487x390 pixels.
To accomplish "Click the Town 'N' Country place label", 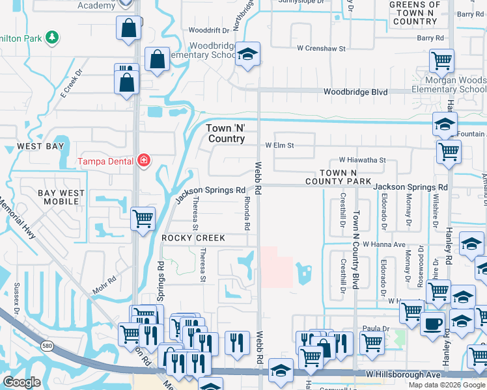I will (x=226, y=133).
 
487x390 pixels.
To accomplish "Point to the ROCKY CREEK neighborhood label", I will (x=193, y=239).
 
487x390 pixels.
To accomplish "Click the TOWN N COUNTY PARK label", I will (x=336, y=176).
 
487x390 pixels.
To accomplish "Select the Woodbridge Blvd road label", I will (x=355, y=92).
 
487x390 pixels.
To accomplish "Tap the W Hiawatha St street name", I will (x=362, y=160).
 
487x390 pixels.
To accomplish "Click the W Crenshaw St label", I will (x=320, y=48).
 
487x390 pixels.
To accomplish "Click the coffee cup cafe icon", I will (x=432, y=323).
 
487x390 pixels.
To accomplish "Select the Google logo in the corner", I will (x=22, y=382).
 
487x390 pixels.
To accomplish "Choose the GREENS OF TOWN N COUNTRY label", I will (x=415, y=13).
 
